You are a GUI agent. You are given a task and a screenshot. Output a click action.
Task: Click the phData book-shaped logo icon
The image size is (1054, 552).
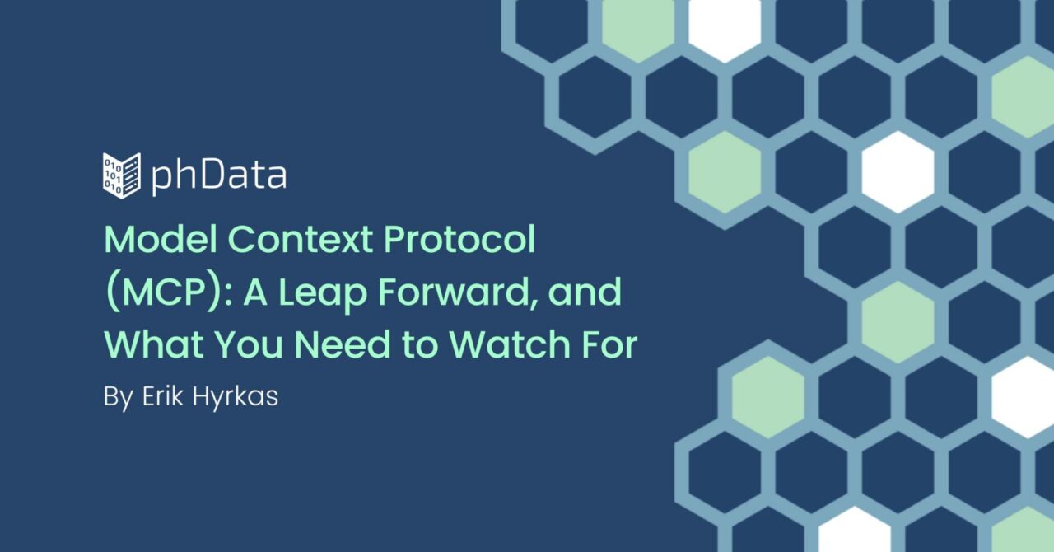[121, 175]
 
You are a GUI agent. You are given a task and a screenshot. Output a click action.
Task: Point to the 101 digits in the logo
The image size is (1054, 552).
[112, 175]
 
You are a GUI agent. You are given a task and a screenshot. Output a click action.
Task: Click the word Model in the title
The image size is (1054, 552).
[161, 239]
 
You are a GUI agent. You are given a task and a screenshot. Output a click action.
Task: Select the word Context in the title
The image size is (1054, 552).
[301, 239]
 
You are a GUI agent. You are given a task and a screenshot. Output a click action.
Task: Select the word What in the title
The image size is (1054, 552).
[154, 344]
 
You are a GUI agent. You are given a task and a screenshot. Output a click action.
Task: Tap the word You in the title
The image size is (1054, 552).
[249, 344]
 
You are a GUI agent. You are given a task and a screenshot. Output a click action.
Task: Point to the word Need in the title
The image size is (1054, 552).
[343, 344]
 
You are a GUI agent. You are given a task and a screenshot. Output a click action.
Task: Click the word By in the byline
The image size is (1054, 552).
[119, 397]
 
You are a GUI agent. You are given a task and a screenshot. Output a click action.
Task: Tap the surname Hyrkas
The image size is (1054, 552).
[236, 397]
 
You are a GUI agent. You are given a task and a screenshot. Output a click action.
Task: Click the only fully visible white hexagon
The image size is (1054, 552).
[898, 172]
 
